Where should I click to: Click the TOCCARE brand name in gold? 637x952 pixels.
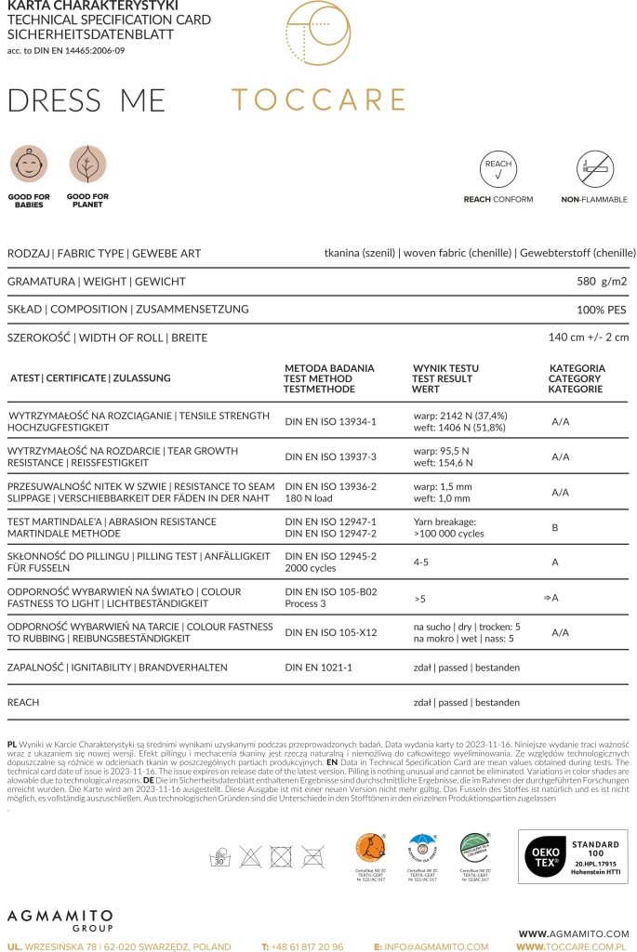point(318,99)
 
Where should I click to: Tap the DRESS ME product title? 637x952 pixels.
point(86,100)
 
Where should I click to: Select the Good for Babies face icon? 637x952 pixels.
point(29,164)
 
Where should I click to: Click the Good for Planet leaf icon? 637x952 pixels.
point(87,164)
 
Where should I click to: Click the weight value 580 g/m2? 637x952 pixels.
point(603,281)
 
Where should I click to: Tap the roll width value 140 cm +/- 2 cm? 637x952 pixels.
point(589,337)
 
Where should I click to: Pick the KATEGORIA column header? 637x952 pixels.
point(577,368)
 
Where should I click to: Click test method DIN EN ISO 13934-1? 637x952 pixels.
point(330,421)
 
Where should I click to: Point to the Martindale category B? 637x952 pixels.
point(555,527)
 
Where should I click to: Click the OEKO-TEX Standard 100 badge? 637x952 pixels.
point(572,855)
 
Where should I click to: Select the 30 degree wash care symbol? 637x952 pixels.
point(221,856)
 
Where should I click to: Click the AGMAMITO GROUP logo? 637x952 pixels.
point(60,919)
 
